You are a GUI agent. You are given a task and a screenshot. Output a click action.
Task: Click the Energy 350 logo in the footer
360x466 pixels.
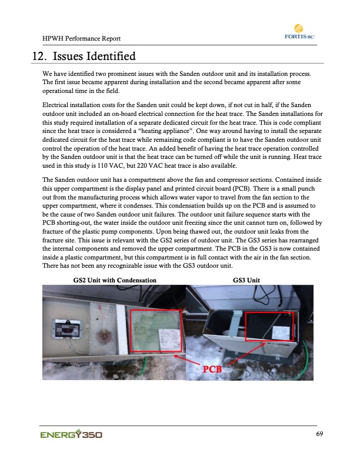71,435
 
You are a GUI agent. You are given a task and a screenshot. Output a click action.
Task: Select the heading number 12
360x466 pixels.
39,57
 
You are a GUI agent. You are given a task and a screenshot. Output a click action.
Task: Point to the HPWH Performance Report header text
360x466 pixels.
82,39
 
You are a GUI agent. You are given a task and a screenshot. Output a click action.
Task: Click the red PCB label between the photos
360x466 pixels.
213,370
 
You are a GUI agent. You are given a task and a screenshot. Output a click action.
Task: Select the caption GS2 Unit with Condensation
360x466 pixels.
115,280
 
